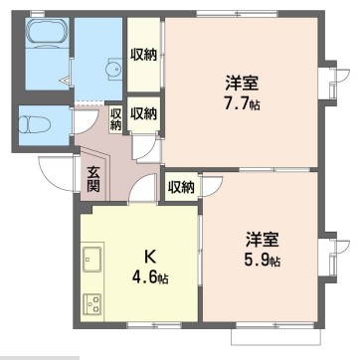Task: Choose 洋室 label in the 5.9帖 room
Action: click(263, 241)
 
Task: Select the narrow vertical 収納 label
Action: click(116, 117)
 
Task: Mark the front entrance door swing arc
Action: click(57, 169)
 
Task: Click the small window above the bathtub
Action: click(45, 15)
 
